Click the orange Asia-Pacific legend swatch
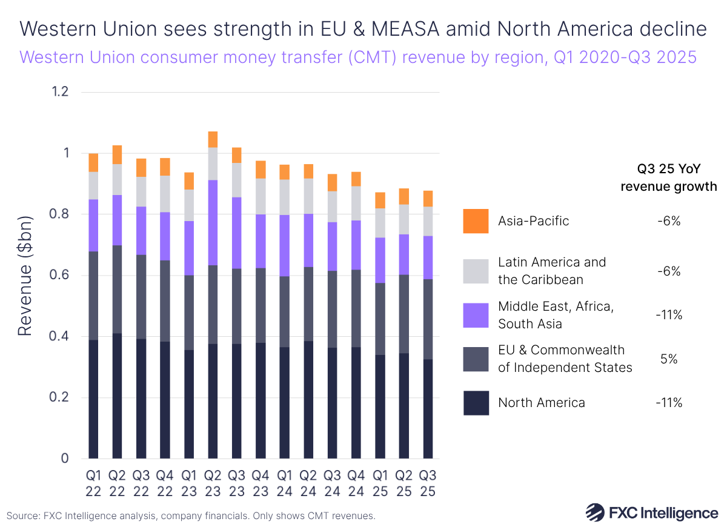(x=476, y=221)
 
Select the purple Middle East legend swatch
(x=476, y=315)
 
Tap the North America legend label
(x=541, y=403)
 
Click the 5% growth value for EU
(x=669, y=359)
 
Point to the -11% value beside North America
(x=669, y=403)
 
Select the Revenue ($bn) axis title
(x=24, y=276)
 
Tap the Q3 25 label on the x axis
(x=428, y=482)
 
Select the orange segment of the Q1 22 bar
(x=93, y=162)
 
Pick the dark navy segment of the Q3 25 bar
(x=428, y=409)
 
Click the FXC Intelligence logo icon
(x=594, y=512)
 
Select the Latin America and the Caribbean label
(x=551, y=271)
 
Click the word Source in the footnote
(x=23, y=516)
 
